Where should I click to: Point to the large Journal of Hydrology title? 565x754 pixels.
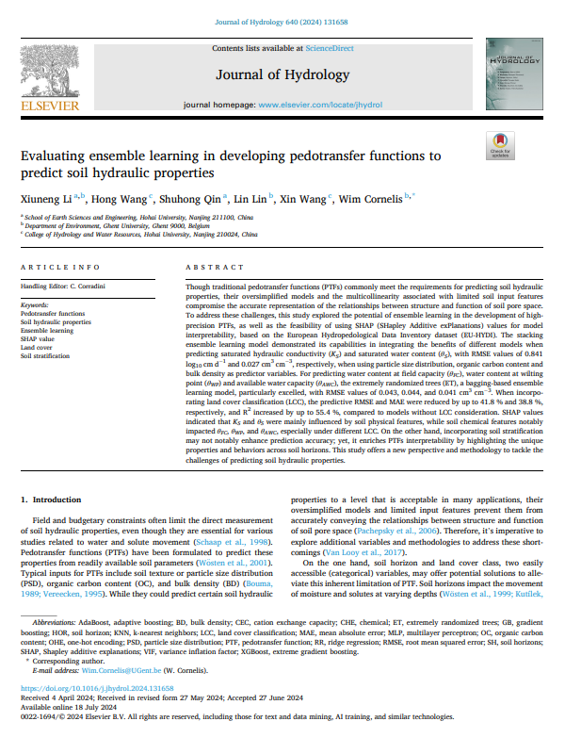point(282,74)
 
